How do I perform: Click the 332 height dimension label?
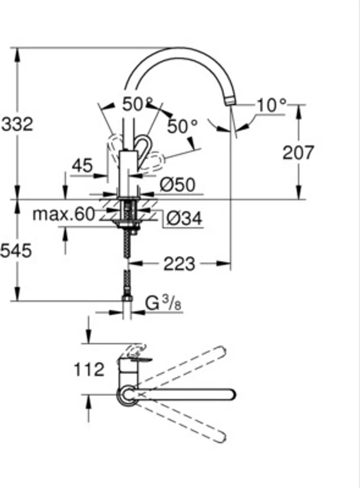pyautogui.click(x=18, y=124)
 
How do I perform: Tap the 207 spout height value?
pyautogui.click(x=298, y=153)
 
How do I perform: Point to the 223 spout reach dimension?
pyautogui.click(x=179, y=264)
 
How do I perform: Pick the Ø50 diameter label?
pyautogui.click(x=177, y=185)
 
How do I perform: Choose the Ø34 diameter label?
pyautogui.click(x=184, y=219)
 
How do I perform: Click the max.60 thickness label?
pyautogui.click(x=64, y=214)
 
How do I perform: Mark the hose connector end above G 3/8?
pyautogui.click(x=127, y=299)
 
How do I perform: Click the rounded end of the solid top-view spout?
pyautogui.click(x=231, y=395)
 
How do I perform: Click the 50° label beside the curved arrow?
pyautogui.click(x=182, y=126)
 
